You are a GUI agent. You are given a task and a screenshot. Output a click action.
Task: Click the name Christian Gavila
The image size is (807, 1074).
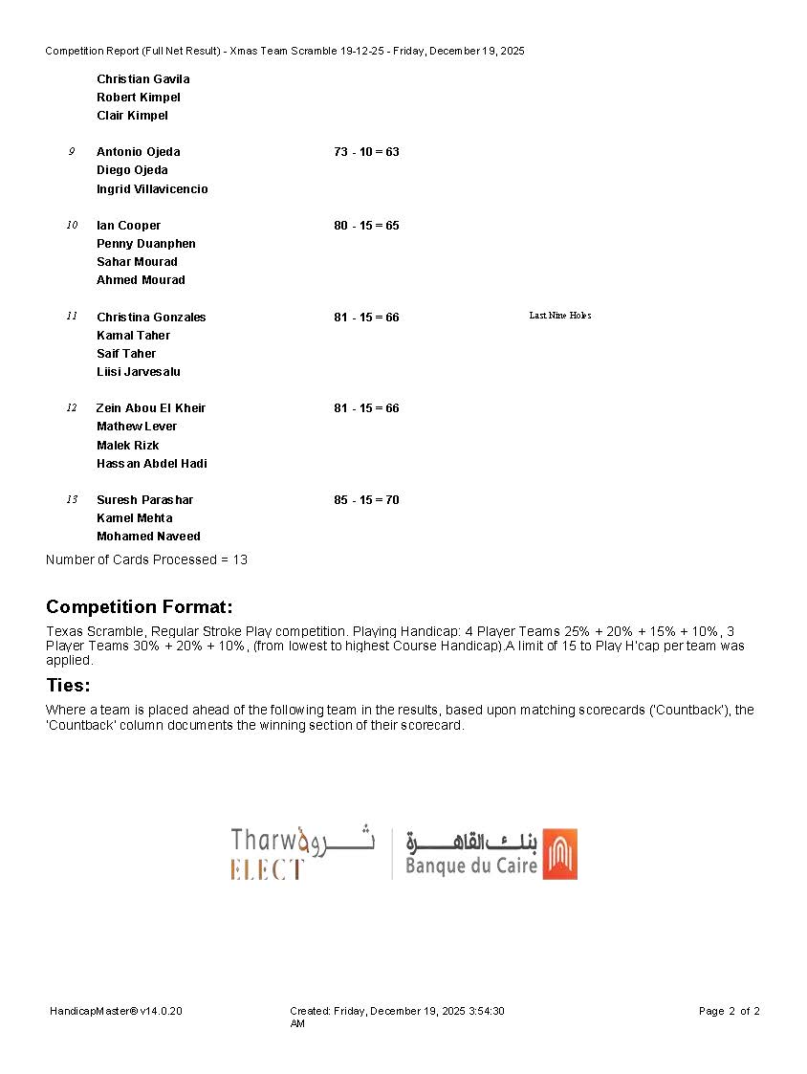coord(142,79)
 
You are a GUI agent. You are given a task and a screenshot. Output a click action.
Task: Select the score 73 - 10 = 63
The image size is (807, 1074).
coord(366,152)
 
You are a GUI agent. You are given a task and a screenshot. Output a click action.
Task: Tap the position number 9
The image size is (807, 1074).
coord(71,152)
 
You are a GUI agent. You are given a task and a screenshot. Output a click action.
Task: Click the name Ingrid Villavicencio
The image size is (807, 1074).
coord(152,189)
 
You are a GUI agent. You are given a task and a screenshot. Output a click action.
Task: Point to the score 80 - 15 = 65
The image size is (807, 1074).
coord(366,226)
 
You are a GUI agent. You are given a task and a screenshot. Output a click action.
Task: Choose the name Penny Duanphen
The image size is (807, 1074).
coord(145,244)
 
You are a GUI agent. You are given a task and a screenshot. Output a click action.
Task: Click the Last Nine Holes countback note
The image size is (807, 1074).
coord(559,316)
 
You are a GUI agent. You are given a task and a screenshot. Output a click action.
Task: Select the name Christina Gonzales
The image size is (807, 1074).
coord(151,318)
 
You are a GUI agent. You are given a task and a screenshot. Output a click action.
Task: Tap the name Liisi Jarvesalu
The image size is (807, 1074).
coord(138,372)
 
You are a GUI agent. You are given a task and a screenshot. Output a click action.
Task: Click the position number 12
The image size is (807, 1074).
coord(72,408)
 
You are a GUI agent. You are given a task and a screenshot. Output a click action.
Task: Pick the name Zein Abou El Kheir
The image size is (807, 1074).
coord(150,408)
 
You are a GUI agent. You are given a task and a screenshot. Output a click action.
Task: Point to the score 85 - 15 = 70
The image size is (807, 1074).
coord(366,500)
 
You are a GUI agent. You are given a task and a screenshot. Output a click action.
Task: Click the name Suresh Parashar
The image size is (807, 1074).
coord(144,500)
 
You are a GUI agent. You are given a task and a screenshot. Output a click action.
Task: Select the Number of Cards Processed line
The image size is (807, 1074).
coord(146,559)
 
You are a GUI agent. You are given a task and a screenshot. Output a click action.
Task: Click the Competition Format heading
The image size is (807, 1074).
coord(140,607)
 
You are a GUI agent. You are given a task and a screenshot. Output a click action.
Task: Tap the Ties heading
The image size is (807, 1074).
coord(68,686)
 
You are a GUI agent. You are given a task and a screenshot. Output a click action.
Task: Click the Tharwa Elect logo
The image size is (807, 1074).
coord(302,853)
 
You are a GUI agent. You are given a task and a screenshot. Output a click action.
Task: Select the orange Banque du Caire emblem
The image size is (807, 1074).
coord(559,854)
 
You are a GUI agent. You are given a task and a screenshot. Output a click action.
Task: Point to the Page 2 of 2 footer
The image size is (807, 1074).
coord(729,1011)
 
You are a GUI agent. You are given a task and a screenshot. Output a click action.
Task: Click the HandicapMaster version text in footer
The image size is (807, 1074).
coord(116,1011)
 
